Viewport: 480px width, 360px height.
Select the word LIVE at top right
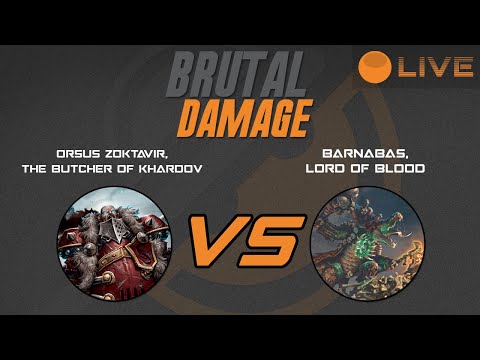434,67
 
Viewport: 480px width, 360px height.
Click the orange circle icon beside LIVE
374,66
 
